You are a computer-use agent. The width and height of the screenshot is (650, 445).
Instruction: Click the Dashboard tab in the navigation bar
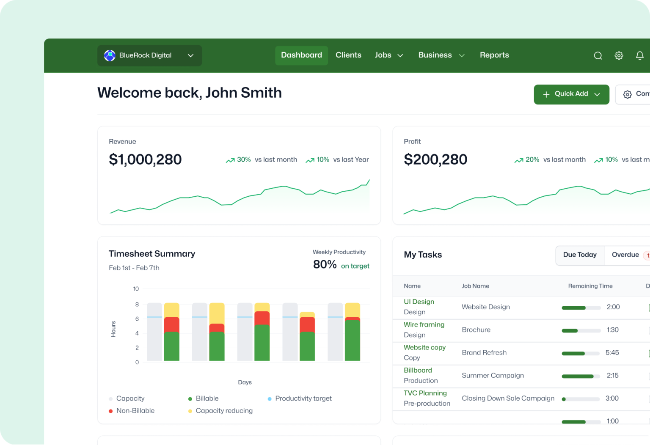click(x=301, y=55)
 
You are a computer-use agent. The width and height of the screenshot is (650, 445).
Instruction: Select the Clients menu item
click(x=348, y=55)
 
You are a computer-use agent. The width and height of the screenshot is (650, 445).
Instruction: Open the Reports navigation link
click(x=494, y=55)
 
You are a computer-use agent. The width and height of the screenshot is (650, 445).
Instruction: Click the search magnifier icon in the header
click(x=598, y=56)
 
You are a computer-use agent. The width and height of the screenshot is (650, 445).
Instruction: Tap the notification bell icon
click(x=639, y=56)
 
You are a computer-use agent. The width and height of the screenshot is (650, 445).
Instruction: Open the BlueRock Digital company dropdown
click(x=149, y=55)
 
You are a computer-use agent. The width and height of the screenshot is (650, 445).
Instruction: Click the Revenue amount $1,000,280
click(x=145, y=159)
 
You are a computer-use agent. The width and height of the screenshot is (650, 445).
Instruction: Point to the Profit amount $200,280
click(x=435, y=159)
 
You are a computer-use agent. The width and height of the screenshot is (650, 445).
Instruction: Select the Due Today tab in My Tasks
click(x=579, y=255)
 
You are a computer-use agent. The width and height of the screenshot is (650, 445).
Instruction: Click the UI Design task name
click(x=419, y=302)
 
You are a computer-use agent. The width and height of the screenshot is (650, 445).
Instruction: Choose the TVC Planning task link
click(x=425, y=393)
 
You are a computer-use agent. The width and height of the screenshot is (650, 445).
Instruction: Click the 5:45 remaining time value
click(x=612, y=353)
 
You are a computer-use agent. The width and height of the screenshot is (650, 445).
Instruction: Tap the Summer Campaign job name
click(x=493, y=376)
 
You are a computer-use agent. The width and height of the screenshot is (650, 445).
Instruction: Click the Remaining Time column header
click(x=590, y=286)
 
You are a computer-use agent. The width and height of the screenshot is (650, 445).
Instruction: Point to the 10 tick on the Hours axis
click(x=136, y=289)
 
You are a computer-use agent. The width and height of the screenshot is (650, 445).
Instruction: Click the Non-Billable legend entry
click(x=135, y=411)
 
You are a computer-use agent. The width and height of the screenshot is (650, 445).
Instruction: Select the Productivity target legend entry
click(x=303, y=398)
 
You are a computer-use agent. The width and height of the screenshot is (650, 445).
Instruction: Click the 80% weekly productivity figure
click(x=325, y=265)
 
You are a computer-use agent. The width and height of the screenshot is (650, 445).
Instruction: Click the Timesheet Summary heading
click(x=152, y=254)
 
